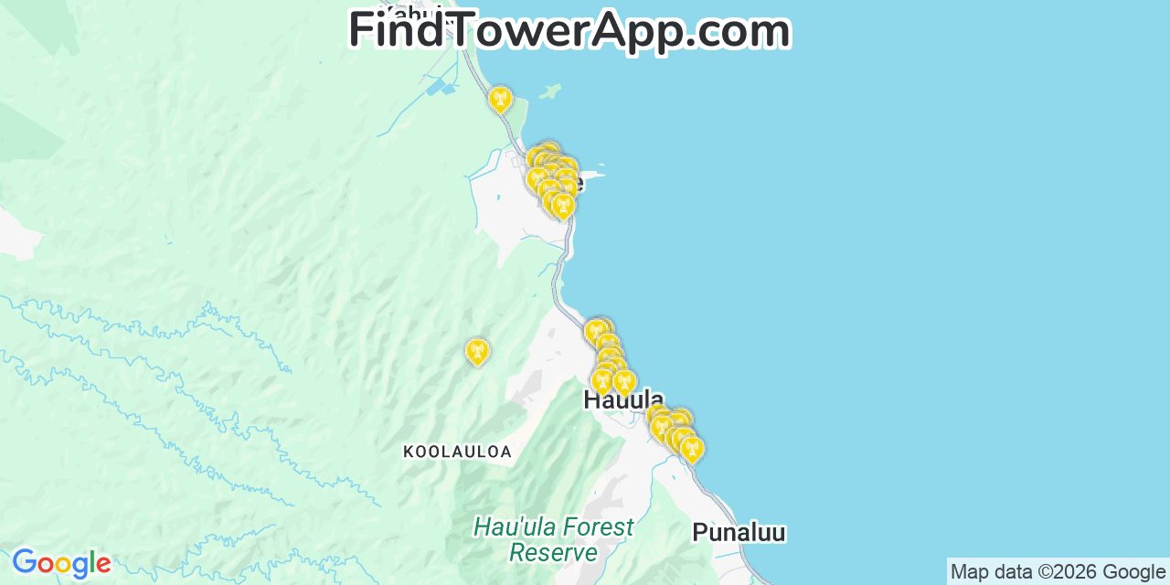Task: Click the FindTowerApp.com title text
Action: point(569,30)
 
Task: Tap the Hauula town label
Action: point(623,399)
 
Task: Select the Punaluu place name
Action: point(739,532)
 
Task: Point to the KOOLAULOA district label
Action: point(457,452)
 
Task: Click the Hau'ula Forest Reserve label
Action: point(553,539)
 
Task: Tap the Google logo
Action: point(60,563)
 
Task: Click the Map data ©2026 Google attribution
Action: point(1058,572)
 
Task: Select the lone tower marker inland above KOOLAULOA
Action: point(477,351)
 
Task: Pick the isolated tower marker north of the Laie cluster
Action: point(499,99)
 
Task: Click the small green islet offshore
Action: point(549,91)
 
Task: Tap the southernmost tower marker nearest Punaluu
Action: point(692,448)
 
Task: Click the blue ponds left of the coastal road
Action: point(441,88)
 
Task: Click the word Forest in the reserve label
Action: point(598,527)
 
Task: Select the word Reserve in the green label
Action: point(553,553)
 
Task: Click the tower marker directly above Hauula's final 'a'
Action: point(624,381)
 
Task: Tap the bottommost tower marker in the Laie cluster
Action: point(563,206)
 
